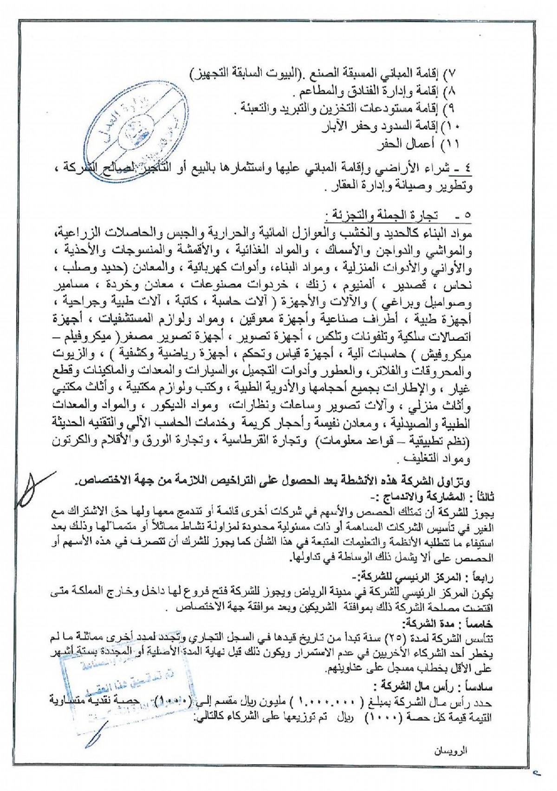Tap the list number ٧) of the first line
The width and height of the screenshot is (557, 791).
pos(450,75)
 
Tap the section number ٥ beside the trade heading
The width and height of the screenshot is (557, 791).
pos(466,216)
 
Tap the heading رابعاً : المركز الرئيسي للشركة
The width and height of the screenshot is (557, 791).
pos(447,578)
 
